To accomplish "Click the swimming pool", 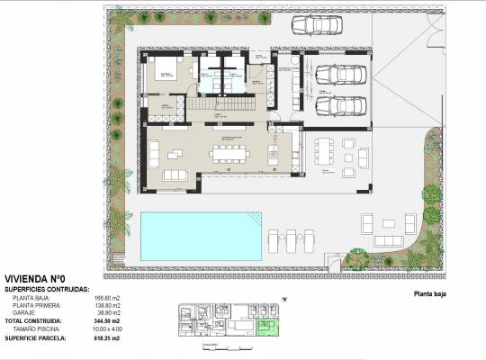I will coord(200,233).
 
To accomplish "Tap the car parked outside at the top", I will coord(316,25).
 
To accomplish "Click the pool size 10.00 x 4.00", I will coord(112,330).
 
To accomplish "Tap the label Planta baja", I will coord(430,293).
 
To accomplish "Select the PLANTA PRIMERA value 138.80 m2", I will coord(107,304).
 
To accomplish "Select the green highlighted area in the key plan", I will coord(265,327).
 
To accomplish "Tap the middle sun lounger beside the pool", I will coord(294,240).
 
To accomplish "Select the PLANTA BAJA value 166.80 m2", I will coord(107,296).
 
